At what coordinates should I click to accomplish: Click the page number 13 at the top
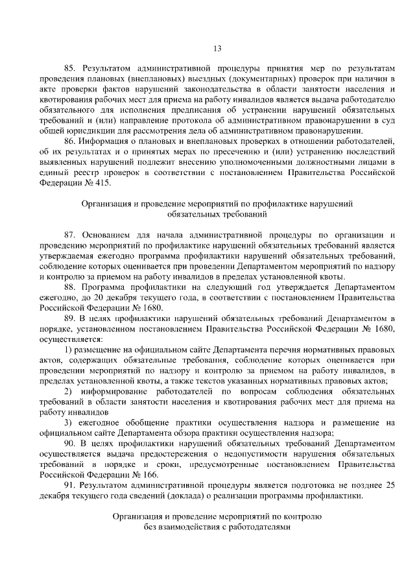pos(217,47)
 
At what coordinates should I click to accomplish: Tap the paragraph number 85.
pos(69,68)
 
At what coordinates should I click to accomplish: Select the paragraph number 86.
pos(69,141)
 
